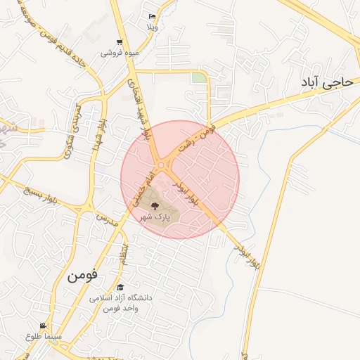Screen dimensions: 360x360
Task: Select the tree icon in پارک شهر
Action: click(x=155, y=205)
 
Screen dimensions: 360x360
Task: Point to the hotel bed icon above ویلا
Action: click(x=152, y=16)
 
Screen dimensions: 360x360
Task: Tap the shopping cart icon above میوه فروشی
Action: click(x=120, y=42)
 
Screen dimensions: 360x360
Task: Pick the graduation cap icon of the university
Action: click(x=120, y=288)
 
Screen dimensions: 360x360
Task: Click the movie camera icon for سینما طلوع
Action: click(x=43, y=326)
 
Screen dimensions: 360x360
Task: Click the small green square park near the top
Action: click(x=199, y=78)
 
